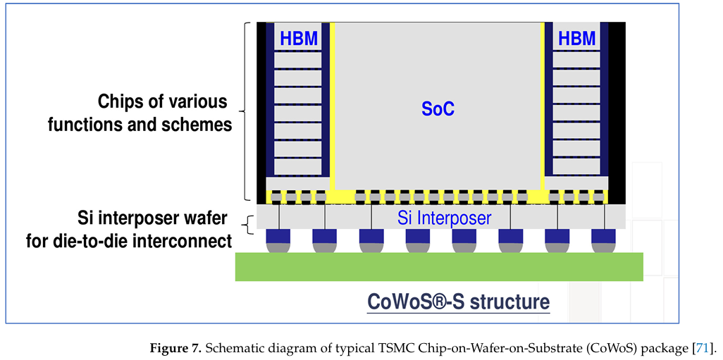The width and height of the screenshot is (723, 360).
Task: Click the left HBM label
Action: tap(299, 39)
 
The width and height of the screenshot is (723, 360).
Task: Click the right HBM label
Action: tap(576, 39)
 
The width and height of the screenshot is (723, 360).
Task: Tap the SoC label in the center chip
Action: tap(438, 108)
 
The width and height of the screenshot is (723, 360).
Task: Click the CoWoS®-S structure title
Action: tap(458, 302)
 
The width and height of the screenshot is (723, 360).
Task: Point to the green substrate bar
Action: tap(439, 266)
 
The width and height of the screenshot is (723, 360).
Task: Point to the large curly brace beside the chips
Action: tap(245, 111)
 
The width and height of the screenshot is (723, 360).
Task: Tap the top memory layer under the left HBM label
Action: tap(297, 60)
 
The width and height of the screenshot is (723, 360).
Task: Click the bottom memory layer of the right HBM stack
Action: tap(576, 167)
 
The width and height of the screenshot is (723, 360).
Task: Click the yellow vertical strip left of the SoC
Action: tap(332, 106)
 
